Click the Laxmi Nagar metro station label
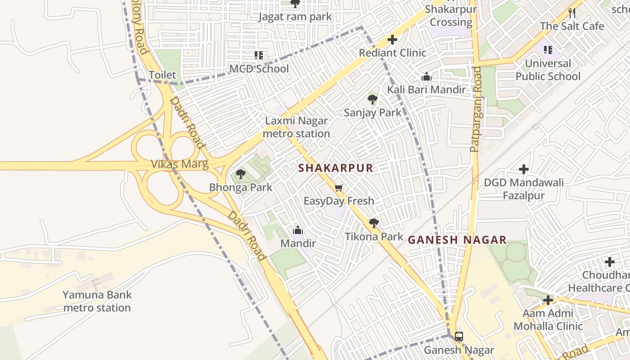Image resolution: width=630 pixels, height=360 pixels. [296, 127]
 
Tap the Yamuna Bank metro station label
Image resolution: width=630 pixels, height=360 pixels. [97, 301]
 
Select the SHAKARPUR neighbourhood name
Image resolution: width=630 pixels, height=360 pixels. [336, 168]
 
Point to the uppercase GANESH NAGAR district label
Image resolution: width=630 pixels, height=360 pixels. [457, 240]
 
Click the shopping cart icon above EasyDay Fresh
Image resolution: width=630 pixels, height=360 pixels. [338, 188]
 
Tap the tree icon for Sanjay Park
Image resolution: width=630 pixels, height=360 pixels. [372, 99]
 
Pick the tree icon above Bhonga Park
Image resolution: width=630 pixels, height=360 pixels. [241, 174]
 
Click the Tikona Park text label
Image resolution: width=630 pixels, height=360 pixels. [374, 236]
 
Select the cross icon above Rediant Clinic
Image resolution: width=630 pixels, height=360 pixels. [392, 40]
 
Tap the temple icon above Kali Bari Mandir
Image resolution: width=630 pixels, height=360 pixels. [427, 77]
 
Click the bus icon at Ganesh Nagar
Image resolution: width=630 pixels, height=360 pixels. [459, 336]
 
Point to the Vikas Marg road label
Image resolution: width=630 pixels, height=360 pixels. [180, 164]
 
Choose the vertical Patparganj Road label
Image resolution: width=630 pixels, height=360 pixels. [476, 109]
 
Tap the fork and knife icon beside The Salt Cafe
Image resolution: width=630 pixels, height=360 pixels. [572, 13]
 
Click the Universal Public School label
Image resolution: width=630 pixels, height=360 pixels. [548, 70]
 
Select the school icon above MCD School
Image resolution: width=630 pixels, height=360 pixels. [259, 55]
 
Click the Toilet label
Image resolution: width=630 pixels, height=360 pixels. [162, 75]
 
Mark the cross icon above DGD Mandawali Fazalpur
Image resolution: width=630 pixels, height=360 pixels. [523, 169]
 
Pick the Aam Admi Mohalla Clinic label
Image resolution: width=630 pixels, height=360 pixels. [548, 319]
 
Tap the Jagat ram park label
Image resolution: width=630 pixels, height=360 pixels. [295, 17]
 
